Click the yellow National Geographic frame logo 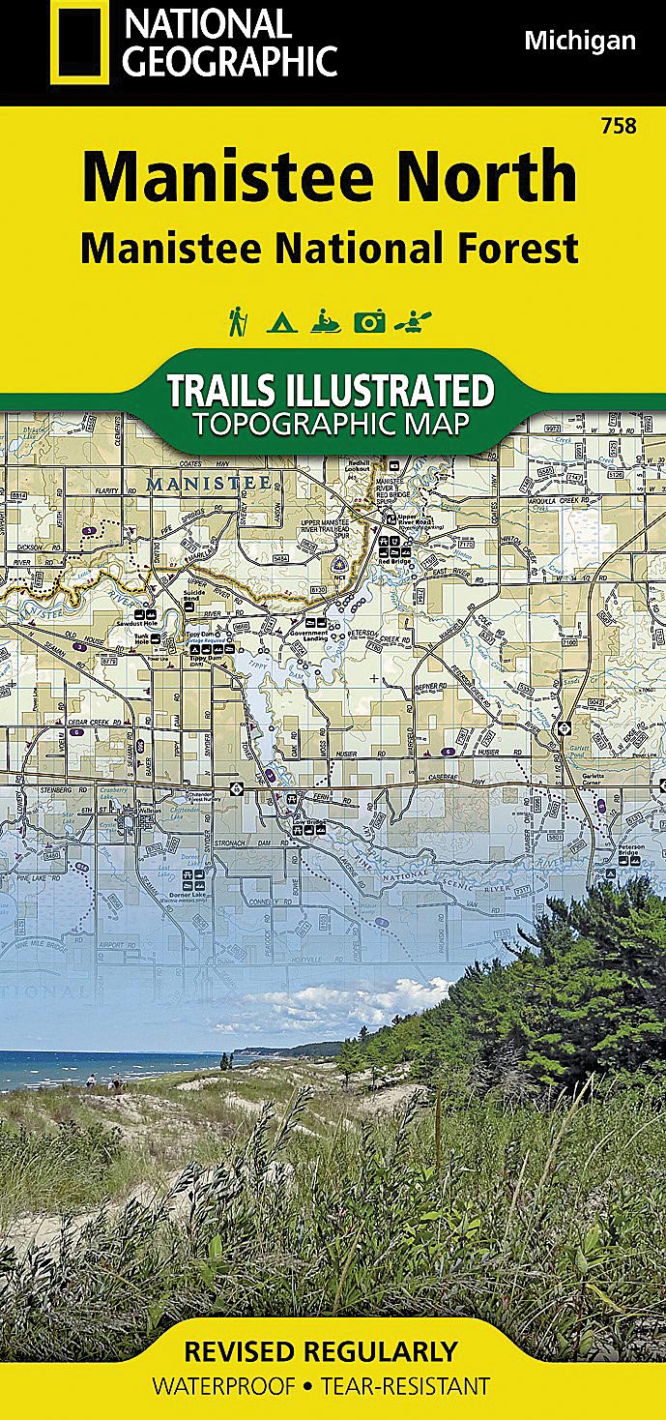(80, 44)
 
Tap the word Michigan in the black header (580, 41)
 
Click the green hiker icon (236, 321)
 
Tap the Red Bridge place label (395, 561)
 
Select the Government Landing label (315, 637)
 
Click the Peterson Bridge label (632, 850)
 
